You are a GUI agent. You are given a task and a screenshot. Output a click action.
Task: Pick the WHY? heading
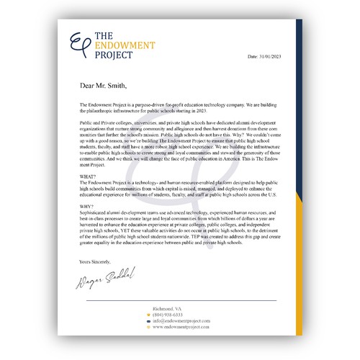point(86,206)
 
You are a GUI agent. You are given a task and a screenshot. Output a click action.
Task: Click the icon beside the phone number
point(148,315)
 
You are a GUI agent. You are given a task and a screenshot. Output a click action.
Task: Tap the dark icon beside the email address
point(148,320)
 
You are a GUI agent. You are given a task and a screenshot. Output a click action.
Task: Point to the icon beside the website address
point(148,327)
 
